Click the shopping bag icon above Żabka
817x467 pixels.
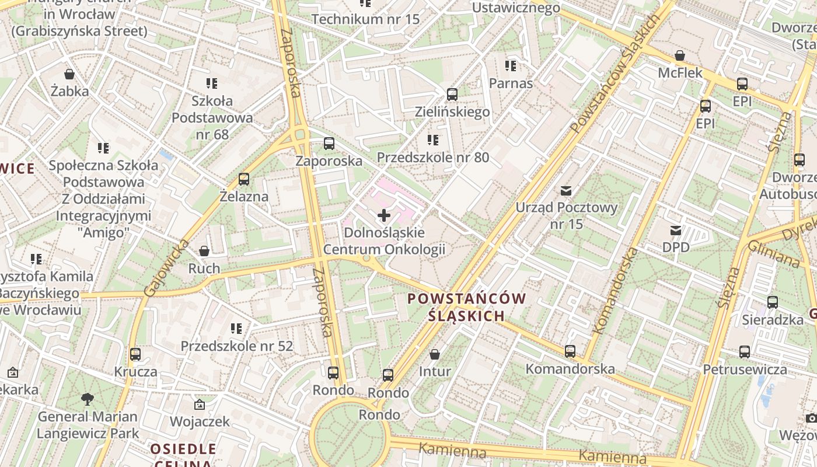(69, 74)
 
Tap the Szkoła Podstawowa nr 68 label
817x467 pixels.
(212, 117)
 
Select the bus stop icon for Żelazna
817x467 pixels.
(244, 179)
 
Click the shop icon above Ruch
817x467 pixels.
(204, 251)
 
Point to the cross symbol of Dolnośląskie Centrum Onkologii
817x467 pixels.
(384, 215)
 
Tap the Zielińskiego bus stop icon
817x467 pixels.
(452, 95)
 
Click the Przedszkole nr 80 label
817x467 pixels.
(432, 157)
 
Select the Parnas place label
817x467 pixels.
(511, 83)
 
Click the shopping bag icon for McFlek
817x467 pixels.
(679, 56)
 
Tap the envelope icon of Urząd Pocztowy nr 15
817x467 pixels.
(565, 190)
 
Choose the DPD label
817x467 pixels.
(676, 247)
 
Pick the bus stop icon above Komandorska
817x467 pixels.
(570, 351)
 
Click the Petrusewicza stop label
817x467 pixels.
(744, 369)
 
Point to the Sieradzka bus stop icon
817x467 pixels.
(773, 302)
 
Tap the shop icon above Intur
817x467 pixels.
(434, 354)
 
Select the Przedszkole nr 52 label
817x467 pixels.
(236, 346)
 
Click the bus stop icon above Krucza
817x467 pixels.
(135, 354)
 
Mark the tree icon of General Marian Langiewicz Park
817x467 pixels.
(88, 399)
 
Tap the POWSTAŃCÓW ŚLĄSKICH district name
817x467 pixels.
(466, 307)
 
